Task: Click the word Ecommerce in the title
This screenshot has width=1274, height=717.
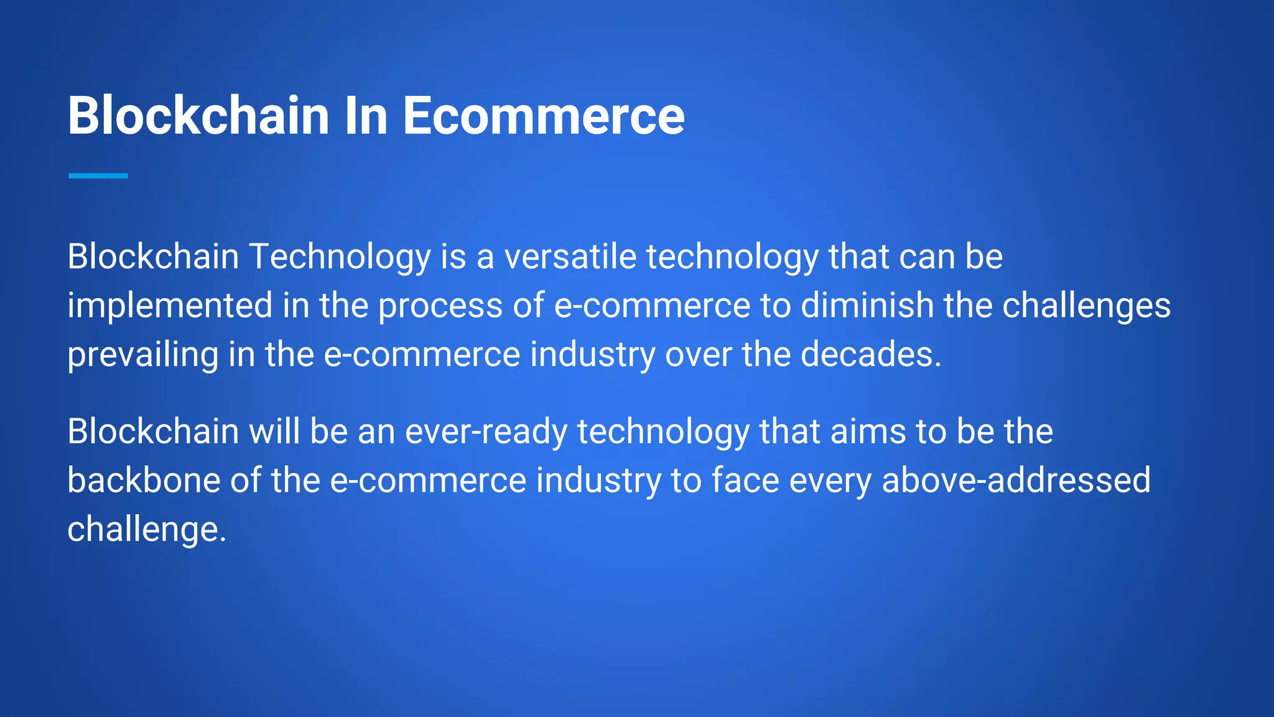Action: [543, 116]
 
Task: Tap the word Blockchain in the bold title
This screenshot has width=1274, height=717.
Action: [198, 116]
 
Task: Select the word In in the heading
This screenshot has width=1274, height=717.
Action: [366, 116]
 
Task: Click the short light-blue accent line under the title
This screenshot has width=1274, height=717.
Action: [98, 176]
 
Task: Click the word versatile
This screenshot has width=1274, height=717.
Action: [570, 257]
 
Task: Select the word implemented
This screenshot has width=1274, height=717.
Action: [170, 306]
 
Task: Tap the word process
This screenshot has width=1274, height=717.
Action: [440, 306]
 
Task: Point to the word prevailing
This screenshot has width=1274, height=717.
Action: [143, 355]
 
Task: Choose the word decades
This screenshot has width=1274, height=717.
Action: [871, 355]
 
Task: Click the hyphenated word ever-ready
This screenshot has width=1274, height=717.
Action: [486, 432]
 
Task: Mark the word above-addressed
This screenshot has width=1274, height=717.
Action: [1016, 480]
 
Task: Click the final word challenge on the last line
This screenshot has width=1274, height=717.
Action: [147, 530]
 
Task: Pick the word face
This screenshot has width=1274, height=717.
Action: [745, 480]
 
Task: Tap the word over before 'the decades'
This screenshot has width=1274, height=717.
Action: [699, 355]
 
